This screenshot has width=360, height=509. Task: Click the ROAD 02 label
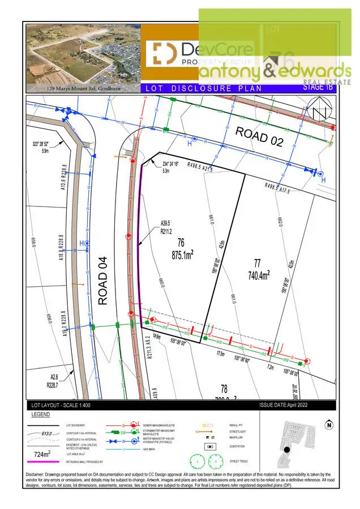point(259,136)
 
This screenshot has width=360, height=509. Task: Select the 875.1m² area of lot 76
point(183,255)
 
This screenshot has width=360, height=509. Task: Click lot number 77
point(257,262)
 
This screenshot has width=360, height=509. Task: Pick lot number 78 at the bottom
point(224,389)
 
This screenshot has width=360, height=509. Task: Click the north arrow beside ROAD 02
point(320,110)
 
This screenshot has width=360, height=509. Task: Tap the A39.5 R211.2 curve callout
point(166,227)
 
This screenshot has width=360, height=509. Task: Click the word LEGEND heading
point(40,415)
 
